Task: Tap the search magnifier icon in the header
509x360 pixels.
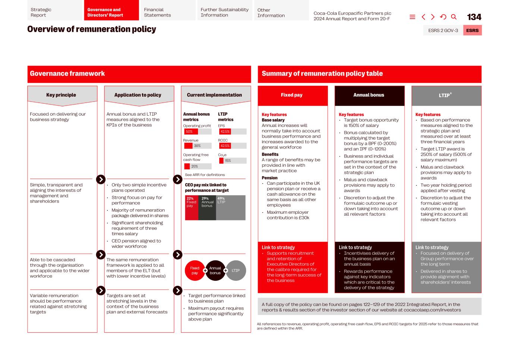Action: pyautogui.click(x=454, y=17)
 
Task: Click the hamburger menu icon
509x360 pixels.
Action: pyautogui.click(x=412, y=17)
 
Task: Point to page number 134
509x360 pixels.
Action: pyautogui.click(x=474, y=17)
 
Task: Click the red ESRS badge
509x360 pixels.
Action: pyautogui.click(x=472, y=30)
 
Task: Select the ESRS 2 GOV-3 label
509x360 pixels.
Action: pyautogui.click(x=443, y=30)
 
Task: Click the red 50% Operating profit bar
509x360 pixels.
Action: pyautogui.click(x=191, y=132)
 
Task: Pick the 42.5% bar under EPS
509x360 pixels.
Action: pyautogui.click(x=225, y=132)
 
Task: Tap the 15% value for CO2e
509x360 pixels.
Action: pyautogui.click(x=227, y=160)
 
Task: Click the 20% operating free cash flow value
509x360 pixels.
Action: pyautogui.click(x=195, y=166)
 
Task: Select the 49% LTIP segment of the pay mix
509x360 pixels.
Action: pyautogui.click(x=230, y=207)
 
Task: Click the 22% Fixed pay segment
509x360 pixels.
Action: pyautogui.click(x=191, y=207)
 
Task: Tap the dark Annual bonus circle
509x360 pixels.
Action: pyautogui.click(x=215, y=270)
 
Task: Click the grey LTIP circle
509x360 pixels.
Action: pyautogui.click(x=236, y=270)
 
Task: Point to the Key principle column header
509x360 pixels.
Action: pyautogui.click(x=61, y=95)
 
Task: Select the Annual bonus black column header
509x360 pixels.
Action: pyautogui.click(x=369, y=95)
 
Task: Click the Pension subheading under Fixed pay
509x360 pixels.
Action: pyautogui.click(x=270, y=178)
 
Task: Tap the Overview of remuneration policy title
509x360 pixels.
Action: pyautogui.click(x=92, y=29)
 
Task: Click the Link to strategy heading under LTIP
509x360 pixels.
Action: pyautogui.click(x=432, y=247)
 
